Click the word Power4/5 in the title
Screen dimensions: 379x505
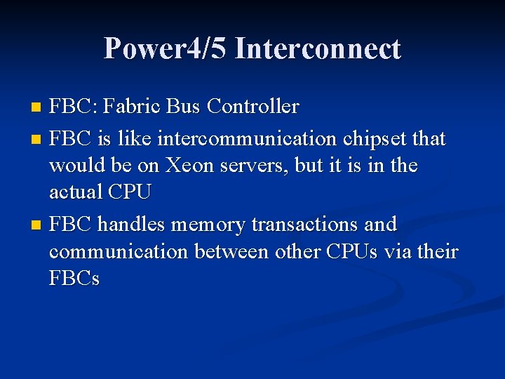coord(166,49)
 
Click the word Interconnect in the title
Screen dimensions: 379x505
coord(318,49)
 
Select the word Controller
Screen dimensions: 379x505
coord(254,107)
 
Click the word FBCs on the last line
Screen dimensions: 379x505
coord(74,279)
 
